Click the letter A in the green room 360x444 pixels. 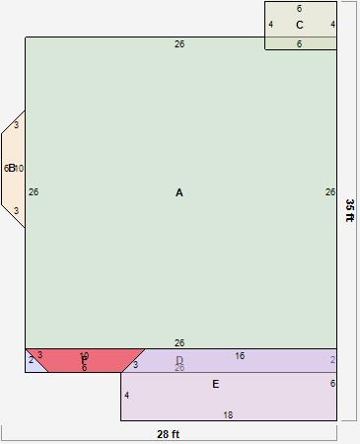point(180,193)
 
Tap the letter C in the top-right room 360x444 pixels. point(300,26)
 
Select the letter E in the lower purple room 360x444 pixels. point(215,385)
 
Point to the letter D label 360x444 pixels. point(180,360)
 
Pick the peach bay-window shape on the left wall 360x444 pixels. point(13,169)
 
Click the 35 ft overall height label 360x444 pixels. point(349,210)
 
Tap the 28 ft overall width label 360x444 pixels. point(169,434)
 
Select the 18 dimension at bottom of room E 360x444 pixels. point(228,415)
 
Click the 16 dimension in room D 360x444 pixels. point(240,356)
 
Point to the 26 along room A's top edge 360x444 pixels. point(180,44)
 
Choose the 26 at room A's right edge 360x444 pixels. point(330,192)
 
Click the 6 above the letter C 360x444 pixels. point(300,9)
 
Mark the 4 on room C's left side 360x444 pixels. point(270,25)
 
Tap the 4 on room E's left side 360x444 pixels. point(127,396)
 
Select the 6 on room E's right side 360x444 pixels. point(332,384)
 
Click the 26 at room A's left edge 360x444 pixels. point(34,192)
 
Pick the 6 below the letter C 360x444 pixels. point(300,44)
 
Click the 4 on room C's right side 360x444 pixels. point(332,25)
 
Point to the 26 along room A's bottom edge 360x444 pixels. point(180,343)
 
